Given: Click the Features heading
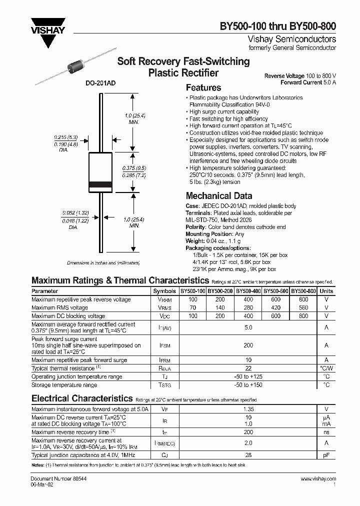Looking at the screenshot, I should click(x=203, y=87).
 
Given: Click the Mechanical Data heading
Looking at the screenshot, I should click(x=218, y=196).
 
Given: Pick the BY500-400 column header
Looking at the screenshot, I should click(x=248, y=291).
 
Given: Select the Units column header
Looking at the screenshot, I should click(x=326, y=291).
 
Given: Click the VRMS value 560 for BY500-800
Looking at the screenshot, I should click(x=303, y=308).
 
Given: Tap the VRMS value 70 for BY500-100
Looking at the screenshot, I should click(x=193, y=308).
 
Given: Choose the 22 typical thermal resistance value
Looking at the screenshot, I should click(x=248, y=368).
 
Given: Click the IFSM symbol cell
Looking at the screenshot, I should click(x=164, y=345).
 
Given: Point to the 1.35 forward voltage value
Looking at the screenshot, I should click(x=248, y=409).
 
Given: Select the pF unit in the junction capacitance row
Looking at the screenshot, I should click(x=326, y=455).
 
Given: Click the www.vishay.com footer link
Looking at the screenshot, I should click(x=318, y=479).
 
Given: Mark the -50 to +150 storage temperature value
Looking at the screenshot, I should click(x=248, y=385).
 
